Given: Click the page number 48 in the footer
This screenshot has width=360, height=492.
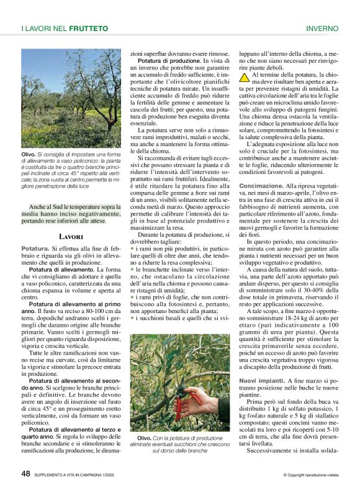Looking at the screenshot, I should (x=25, y=473).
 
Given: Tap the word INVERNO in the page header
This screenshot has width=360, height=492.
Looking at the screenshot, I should (x=322, y=29).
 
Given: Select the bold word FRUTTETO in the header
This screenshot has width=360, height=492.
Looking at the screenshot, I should (x=89, y=29).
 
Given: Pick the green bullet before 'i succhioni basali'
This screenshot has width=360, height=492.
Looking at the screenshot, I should (x=132, y=317).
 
